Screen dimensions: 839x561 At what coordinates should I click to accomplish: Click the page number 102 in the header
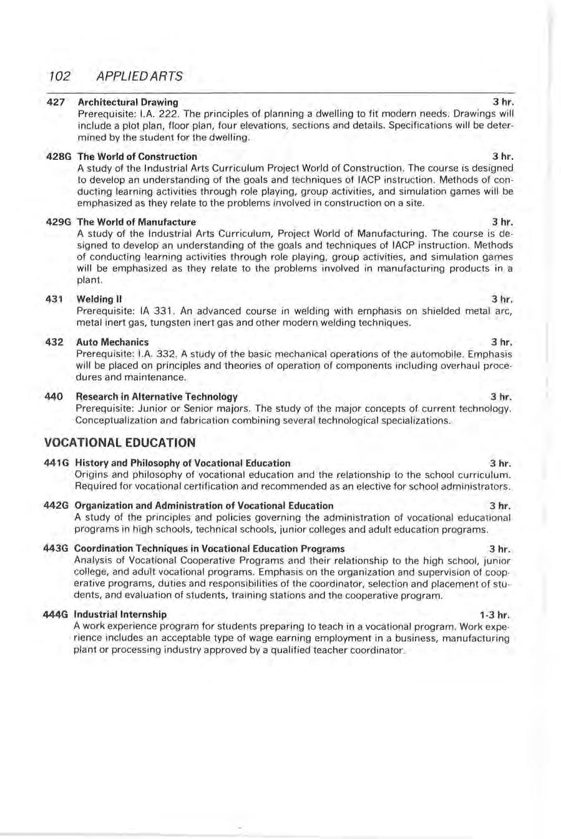coord(57,76)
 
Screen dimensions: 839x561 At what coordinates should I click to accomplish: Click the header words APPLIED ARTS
coord(140,76)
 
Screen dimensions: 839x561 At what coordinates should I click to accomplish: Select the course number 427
coord(56,102)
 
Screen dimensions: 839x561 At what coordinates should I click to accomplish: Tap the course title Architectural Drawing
coord(127,102)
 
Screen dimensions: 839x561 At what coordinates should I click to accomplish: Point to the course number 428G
coord(59,156)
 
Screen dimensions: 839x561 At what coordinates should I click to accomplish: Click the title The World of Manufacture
coord(136,222)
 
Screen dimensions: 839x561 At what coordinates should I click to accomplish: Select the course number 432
coord(55,342)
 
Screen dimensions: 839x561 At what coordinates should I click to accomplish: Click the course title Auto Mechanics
coord(112,342)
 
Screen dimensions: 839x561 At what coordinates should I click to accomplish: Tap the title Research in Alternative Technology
coord(156,396)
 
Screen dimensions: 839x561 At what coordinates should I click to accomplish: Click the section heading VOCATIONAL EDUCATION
coord(120,443)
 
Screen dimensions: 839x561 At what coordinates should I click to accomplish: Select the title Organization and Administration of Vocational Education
coord(203,506)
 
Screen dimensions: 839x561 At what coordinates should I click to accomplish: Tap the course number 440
coord(55,396)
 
